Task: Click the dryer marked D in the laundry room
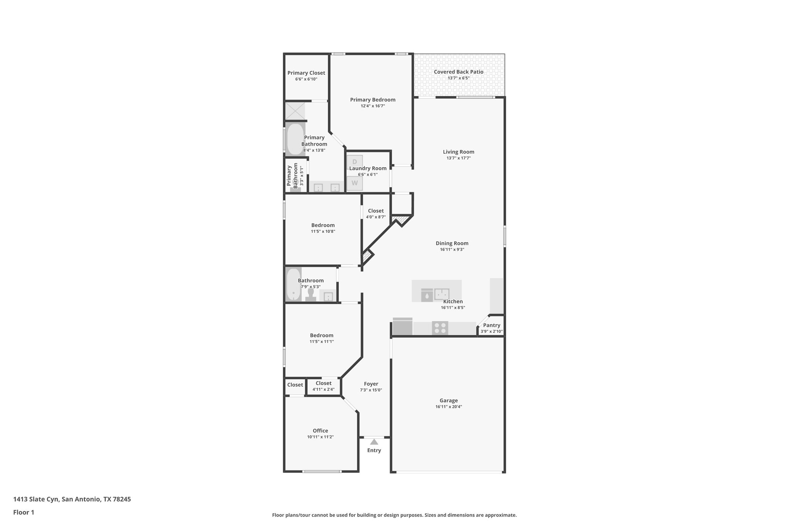tap(354, 161)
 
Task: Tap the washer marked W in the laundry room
tap(354, 183)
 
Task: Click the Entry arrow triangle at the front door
tap(374, 442)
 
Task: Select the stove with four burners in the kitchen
tap(440, 328)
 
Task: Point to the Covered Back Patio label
tap(458, 72)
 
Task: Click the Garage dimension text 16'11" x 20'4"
tap(448, 407)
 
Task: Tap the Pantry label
tap(492, 325)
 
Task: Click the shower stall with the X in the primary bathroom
tap(295, 111)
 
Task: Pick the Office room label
tap(320, 431)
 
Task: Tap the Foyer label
tap(371, 384)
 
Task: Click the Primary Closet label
tap(306, 73)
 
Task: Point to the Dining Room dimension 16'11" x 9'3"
tap(452, 249)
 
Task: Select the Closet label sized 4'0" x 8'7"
tap(376, 211)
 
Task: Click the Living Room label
tap(458, 152)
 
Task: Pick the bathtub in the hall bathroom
tap(293, 284)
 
